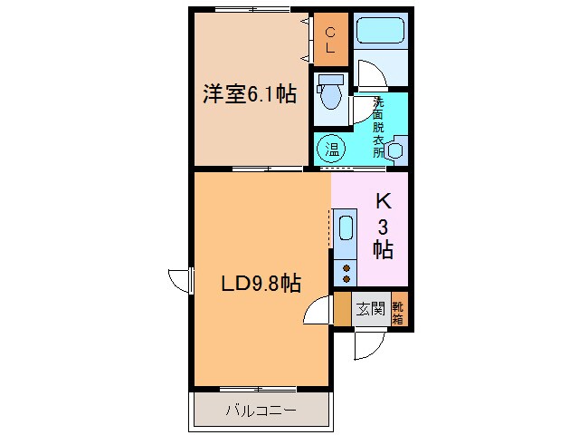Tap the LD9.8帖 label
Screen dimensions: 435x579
coord(261,284)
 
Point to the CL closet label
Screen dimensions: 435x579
coord(330,41)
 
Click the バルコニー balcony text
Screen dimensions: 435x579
coord(260,411)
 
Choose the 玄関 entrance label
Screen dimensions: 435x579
coord(368,309)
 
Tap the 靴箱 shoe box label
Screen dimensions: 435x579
coord(398,309)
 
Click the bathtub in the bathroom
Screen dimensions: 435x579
coord(379,33)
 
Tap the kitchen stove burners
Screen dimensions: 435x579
coord(346,267)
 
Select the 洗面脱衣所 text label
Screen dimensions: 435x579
coord(378,127)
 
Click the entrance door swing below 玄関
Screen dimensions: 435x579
coord(369,343)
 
